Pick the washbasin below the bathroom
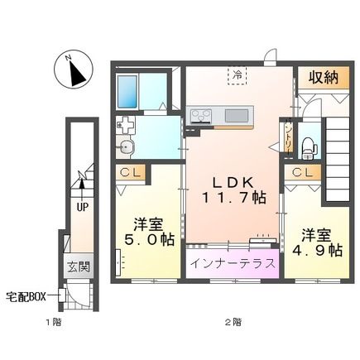pyautogui.click(x=127, y=149)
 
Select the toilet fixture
pyautogui.click(x=308, y=144)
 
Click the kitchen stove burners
pyautogui.click(x=201, y=115)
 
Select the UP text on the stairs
pyautogui.click(x=83, y=208)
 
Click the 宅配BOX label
pyautogui.click(x=27, y=296)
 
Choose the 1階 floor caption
pyautogui.click(x=53, y=321)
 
